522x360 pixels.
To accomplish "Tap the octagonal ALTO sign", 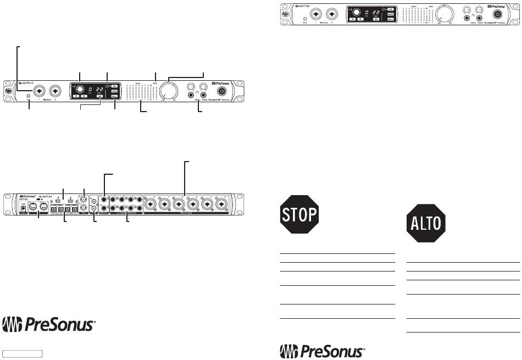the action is [425, 224].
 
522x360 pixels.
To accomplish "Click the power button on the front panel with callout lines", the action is [223, 91].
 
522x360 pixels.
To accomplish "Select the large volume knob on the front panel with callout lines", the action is [172, 91].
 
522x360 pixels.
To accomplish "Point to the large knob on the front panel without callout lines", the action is [448, 13].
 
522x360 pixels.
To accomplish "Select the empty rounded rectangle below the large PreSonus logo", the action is [23, 352].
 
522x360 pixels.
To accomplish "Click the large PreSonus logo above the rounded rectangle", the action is [50, 325].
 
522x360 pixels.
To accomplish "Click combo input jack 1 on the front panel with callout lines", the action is [40, 91].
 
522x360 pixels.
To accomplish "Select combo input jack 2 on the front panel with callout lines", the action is [55, 91].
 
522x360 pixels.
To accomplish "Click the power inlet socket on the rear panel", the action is [23, 209].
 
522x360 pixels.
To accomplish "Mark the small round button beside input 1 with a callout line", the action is [29, 97].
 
